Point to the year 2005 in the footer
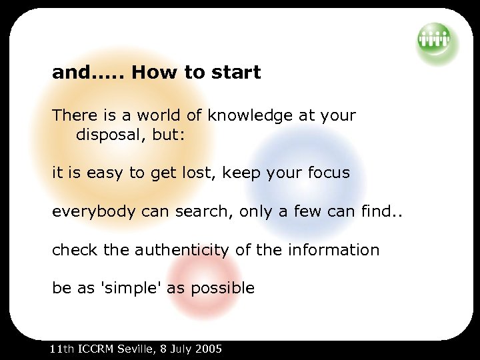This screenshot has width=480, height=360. pos(209,349)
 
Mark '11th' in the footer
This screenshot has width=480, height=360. pos(63,349)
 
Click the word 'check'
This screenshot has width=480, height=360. pos(75,251)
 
